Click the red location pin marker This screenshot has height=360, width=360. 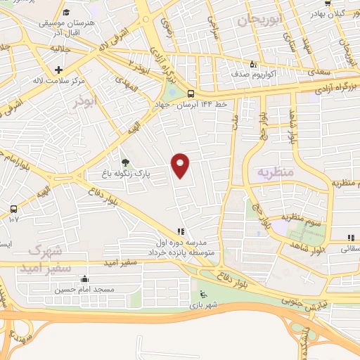pos(181,165)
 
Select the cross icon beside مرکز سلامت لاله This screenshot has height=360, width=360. pos(58,70)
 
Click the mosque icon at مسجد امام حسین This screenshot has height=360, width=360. pos(85,278)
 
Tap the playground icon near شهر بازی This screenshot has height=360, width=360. pos(203,295)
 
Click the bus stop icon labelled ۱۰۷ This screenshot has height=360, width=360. pos(13,210)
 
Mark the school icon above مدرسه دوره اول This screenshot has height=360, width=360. pos(181,231)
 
